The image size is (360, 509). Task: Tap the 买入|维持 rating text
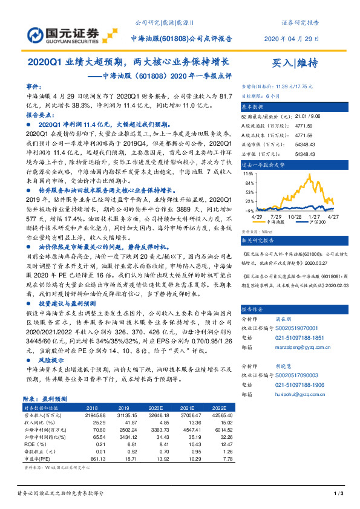click(x=294, y=63)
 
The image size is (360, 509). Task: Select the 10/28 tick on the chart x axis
click(x=295, y=215)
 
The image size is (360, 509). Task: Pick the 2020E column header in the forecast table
click(x=157, y=408)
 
